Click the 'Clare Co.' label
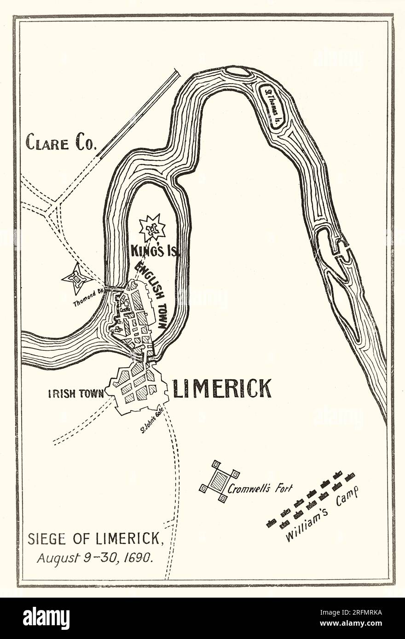pyautogui.click(x=61, y=142)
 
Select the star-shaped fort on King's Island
pyautogui.click(x=152, y=228)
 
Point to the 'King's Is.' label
pyautogui.click(x=155, y=251)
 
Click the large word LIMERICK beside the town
pyautogui.click(x=222, y=388)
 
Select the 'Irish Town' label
pyautogui.click(x=76, y=394)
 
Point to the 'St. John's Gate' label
pyautogui.click(x=152, y=422)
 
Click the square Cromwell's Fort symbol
pyautogui.click(x=219, y=481)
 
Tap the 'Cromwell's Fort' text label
pyautogui.click(x=260, y=489)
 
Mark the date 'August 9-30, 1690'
pyautogui.click(x=94, y=558)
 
